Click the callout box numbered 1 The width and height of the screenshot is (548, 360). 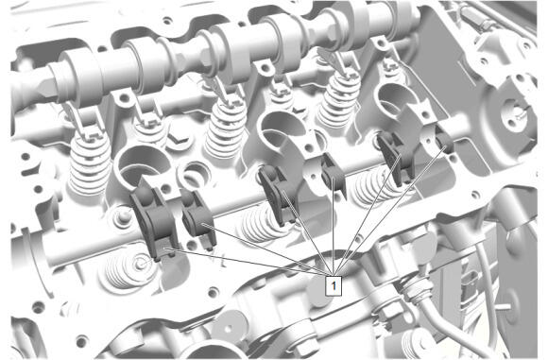pos(334,286)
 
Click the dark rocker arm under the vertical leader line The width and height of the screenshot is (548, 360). pos(334,176)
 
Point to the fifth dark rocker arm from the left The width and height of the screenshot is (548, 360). pos(396,157)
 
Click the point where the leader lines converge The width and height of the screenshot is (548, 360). pos(334,274)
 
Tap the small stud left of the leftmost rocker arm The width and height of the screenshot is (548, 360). pos(122,217)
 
